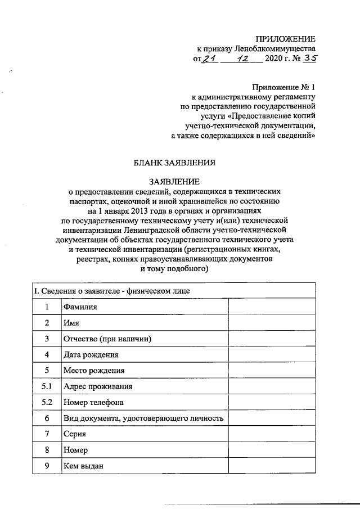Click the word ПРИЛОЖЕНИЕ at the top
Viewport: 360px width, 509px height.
285,38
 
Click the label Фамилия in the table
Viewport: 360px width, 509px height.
80,307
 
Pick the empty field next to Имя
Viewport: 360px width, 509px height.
271,323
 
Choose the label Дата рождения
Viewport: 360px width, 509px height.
91,355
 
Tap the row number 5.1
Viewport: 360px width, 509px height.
47,386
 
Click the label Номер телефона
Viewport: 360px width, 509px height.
93,403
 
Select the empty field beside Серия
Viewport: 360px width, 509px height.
271,434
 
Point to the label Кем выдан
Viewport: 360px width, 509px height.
84,466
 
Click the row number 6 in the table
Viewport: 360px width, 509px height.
47,418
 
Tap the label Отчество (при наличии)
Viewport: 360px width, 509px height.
108,339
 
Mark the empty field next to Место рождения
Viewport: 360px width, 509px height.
271,371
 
